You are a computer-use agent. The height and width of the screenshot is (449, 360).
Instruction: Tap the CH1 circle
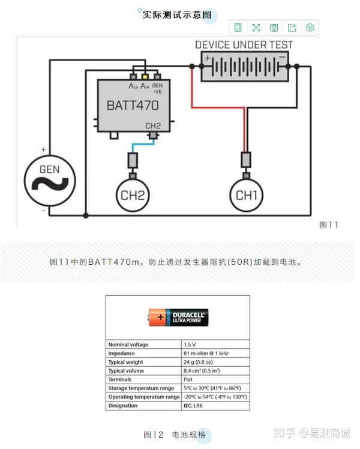246,194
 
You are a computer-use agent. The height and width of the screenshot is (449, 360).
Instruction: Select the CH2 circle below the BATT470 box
132,194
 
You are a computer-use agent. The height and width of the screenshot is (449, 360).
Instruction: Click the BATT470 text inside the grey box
133,105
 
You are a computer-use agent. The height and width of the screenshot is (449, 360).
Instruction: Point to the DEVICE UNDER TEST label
244,45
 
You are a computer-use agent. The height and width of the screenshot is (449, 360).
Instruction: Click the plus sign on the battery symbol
208,59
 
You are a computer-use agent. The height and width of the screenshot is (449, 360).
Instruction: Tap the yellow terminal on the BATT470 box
145,76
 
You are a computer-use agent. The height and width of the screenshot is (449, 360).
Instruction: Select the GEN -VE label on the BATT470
158,89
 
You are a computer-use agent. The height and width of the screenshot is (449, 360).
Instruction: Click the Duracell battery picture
178,318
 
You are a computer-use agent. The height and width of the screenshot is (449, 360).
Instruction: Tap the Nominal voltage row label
128,345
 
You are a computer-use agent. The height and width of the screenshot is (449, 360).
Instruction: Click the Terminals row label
120,379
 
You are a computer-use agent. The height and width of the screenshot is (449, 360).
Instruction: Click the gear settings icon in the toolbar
310,28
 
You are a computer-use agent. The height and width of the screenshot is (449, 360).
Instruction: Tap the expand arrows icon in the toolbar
256,28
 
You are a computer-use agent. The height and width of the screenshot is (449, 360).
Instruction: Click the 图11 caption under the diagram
329,225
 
